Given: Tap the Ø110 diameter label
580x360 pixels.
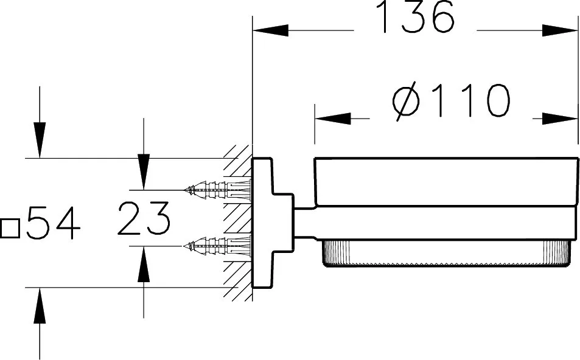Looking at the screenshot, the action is coord(451,102).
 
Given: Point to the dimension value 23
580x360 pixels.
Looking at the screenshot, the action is coord(144,218).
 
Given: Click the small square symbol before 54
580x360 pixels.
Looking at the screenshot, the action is coord(10,229).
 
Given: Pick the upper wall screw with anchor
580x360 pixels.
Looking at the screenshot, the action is coord(217,190).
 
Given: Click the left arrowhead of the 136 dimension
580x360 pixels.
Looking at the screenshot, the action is coord(271,30).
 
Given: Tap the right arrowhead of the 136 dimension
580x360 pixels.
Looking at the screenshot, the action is coord(560,30).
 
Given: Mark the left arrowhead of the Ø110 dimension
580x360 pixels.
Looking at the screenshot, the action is coord(333,119).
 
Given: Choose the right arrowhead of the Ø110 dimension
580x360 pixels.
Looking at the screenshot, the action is coord(560,119).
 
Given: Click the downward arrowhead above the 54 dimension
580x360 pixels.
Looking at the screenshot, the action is coord(40,140).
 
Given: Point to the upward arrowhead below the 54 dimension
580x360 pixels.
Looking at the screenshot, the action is coord(40,305).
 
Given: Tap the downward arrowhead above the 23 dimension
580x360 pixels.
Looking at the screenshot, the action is coord(144,171).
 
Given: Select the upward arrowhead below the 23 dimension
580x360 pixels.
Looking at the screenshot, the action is coord(144,264).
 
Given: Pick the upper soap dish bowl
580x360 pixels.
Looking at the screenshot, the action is coord(445,181).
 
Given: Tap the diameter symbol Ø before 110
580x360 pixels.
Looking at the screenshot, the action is coord(405,102).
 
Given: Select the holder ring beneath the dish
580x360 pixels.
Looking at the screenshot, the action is coord(436,223).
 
